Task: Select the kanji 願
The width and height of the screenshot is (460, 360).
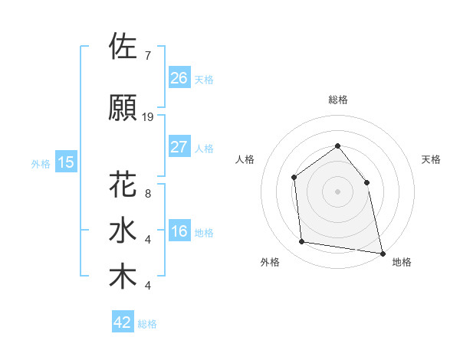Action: pos(123,108)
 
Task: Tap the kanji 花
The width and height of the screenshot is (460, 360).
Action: pos(123,185)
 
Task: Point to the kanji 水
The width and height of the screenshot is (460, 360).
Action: pos(123,231)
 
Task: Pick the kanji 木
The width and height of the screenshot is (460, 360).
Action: pos(123,277)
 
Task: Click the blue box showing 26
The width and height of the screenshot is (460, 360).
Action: pos(179,77)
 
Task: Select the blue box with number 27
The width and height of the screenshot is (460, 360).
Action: pos(179,146)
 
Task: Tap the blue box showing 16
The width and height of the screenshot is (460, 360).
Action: pos(179,231)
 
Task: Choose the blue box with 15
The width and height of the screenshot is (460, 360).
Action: pos(65,162)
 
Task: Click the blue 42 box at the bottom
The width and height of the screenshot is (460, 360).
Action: pos(123,322)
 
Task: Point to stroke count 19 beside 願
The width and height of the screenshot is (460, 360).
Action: pos(148,117)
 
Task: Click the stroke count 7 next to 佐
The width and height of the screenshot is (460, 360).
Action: pos(147,56)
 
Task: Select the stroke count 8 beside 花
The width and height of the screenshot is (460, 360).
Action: pos(147,194)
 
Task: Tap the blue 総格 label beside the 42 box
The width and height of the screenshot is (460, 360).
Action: pos(147,324)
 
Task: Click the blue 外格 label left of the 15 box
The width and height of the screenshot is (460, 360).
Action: pos(41,163)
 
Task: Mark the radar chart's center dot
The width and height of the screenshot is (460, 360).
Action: pos(337,191)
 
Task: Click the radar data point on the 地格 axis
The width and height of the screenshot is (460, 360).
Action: pos(382,253)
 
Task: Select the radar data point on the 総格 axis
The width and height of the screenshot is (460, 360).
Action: pos(337,146)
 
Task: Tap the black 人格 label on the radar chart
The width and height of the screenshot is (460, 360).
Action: pos(245,159)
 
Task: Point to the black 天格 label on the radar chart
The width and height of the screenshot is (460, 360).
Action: pos(431,159)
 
